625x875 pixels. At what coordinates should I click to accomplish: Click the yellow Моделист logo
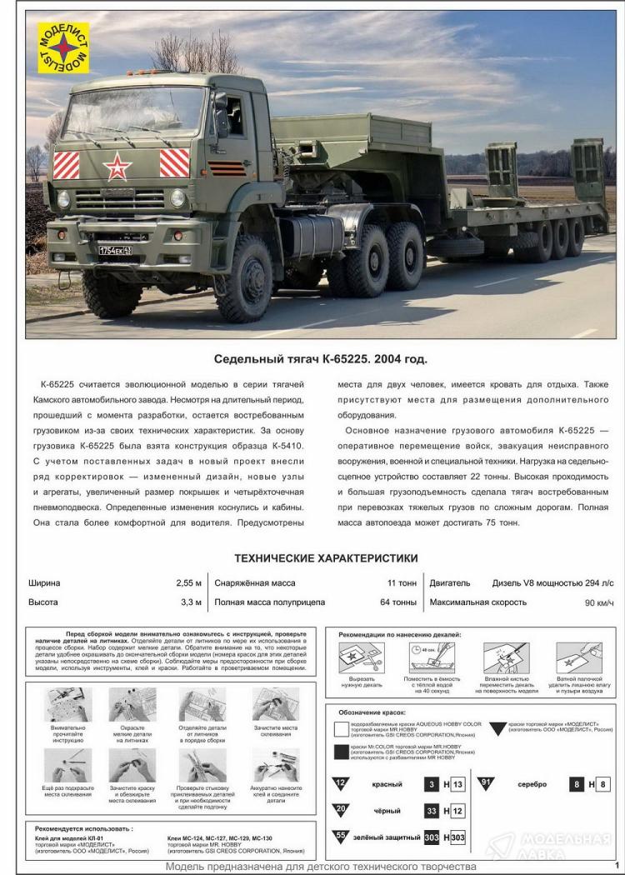(x=63, y=47)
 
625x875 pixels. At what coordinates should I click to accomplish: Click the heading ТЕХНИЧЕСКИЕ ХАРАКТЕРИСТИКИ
(x=326, y=557)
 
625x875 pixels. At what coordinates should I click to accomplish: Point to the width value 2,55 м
(x=189, y=583)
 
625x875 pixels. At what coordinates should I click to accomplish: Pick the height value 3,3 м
(x=192, y=602)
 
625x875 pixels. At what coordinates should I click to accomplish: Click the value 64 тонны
(x=397, y=602)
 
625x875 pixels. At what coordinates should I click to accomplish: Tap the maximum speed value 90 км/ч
(x=599, y=602)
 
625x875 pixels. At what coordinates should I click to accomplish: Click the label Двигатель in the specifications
(x=450, y=583)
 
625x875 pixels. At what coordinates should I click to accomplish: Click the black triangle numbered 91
(x=486, y=782)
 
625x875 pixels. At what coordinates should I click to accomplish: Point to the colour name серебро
(x=532, y=784)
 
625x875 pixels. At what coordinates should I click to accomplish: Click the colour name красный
(x=387, y=784)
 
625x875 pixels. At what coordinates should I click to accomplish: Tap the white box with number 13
(x=457, y=784)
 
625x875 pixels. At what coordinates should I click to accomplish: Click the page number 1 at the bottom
(x=616, y=865)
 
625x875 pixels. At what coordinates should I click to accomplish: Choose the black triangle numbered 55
(x=341, y=836)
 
